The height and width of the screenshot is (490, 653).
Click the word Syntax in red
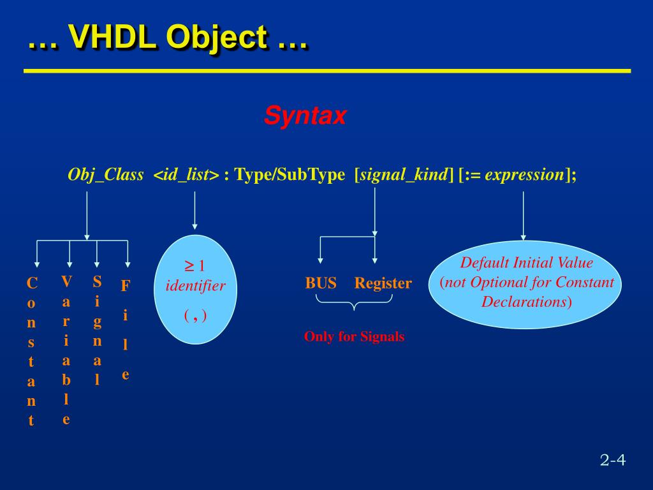pos(305,116)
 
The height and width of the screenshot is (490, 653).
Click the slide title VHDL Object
pos(167,37)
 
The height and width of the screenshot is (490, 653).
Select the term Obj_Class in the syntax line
pos(105,175)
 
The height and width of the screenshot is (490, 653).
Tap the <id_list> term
pos(186,175)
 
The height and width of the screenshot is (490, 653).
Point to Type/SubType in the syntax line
pos(290,175)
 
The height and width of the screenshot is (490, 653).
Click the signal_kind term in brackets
pos(403,175)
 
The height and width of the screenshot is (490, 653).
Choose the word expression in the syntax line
pos(524,175)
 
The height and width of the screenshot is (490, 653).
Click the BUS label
pos(321,283)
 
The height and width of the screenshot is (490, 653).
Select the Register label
pos(383,283)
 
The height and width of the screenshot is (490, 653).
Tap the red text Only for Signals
pos(354,337)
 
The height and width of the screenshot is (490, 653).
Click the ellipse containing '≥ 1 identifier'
pos(195,290)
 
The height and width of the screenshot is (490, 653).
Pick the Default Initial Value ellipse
pos(527,285)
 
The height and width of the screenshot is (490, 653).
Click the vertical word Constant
pos(31,351)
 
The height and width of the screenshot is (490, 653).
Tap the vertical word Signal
pos(97,330)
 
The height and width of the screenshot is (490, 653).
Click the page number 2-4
pos(612,460)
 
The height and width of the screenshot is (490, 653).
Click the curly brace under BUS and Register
pos(354,305)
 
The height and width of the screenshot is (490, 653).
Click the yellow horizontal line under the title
pos(326,71)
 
